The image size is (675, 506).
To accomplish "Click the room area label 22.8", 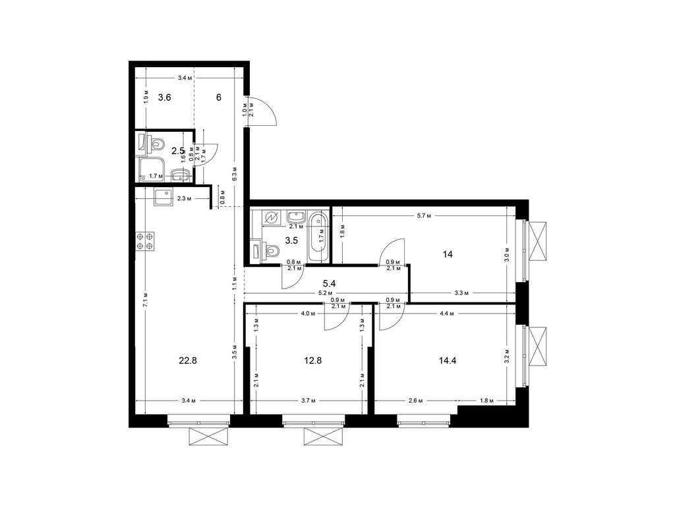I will pyautogui.click(x=188, y=360).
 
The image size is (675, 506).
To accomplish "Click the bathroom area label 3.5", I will pyautogui.click(x=291, y=240).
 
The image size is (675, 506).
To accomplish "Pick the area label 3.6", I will pyautogui.click(x=164, y=98).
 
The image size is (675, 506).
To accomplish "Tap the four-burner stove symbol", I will pyautogui.click(x=145, y=241).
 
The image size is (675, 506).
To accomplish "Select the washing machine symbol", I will pyautogui.click(x=271, y=217).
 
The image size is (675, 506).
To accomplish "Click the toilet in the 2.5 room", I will pyautogui.click(x=156, y=142).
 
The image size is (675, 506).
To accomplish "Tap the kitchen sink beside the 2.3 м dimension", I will pyautogui.click(x=163, y=197).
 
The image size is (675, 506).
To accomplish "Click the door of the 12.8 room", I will pyautogui.click(x=337, y=318).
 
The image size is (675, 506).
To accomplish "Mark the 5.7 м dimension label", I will pyautogui.click(x=425, y=215).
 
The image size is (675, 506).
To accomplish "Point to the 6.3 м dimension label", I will pyautogui.click(x=235, y=175).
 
